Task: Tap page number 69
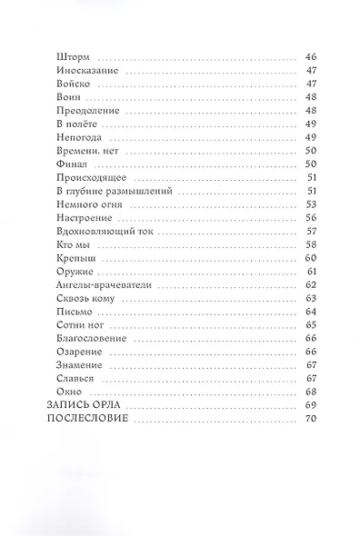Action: coord(309,403)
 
